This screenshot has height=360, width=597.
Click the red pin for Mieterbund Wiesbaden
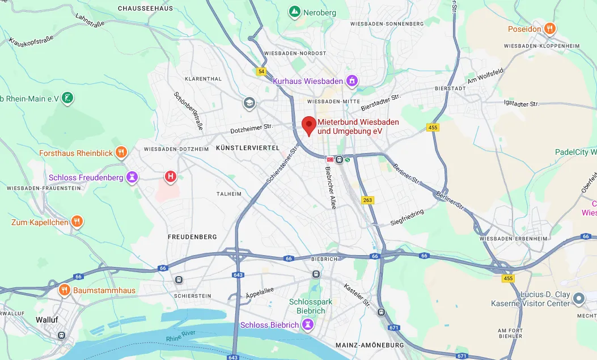[308, 125]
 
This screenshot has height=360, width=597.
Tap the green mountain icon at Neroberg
[294, 12]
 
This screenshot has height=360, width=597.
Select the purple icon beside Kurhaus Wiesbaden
[352, 81]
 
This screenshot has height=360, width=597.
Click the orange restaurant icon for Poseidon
[549, 28]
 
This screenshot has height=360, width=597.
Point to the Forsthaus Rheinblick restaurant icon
[121, 153]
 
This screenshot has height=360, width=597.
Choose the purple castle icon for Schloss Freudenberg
[132, 177]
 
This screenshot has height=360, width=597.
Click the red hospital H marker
[170, 177]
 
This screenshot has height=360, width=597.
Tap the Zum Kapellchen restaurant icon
[78, 222]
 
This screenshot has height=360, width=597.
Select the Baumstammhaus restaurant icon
[65, 290]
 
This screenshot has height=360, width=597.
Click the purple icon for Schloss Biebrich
[307, 325]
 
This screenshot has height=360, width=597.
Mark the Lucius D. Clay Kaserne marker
[578, 298]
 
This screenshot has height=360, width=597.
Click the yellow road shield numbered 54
[261, 71]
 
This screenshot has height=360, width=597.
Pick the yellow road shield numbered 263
[369, 200]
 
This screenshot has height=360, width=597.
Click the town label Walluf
[47, 319]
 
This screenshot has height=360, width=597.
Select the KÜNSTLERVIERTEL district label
[248, 147]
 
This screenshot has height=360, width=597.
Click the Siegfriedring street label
[407, 217]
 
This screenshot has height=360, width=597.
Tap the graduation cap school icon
[249, 103]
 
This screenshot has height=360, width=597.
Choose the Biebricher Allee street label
[331, 187]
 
